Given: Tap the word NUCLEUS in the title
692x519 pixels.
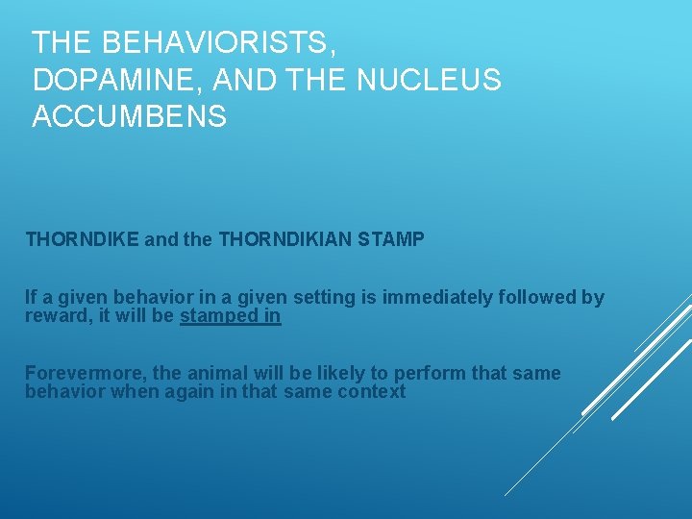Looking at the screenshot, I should coord(429,80).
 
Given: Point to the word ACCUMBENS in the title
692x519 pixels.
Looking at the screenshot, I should coord(130,116).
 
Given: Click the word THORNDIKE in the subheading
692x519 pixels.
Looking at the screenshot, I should coord(82,239).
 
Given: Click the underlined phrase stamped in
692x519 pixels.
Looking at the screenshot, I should coord(231,316).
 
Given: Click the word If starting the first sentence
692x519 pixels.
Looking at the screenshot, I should coord(31,298).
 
